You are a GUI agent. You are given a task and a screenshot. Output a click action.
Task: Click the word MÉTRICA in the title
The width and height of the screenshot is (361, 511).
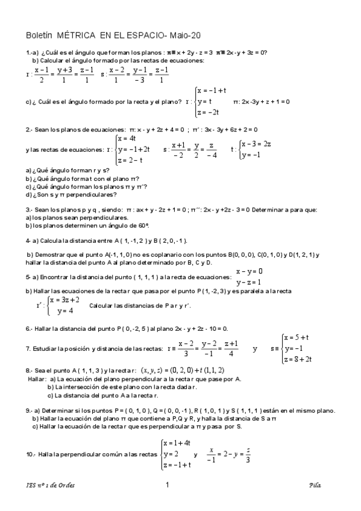pyautogui.click(x=75, y=36)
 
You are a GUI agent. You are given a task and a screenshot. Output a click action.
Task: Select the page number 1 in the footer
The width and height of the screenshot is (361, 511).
pyautogui.click(x=167, y=485)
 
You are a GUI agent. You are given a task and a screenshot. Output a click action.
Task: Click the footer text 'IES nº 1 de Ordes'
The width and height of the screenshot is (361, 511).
pyautogui.click(x=51, y=485)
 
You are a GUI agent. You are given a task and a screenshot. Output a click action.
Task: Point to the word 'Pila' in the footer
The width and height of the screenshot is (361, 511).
pyautogui.click(x=314, y=485)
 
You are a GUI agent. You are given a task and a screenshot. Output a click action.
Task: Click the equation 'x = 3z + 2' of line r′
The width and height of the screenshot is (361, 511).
pyautogui.click(x=64, y=299)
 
